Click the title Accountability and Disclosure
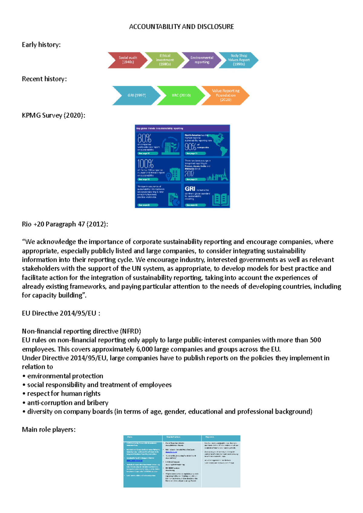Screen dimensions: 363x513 point(181,27)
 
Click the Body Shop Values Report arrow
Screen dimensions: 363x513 point(238,60)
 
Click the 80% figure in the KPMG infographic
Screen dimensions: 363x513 point(144,139)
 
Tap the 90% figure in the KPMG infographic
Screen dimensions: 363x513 point(190,147)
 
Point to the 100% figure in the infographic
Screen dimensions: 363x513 point(146,164)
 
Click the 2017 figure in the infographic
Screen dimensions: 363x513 point(189,174)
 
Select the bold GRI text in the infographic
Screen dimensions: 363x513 point(190,189)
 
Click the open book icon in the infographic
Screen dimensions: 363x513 point(220,200)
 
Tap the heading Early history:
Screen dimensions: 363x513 point(41,45)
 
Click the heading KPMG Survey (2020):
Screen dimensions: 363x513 point(54,115)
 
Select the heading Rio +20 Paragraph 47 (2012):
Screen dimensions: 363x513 point(65,224)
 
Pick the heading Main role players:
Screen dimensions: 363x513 point(49,430)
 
